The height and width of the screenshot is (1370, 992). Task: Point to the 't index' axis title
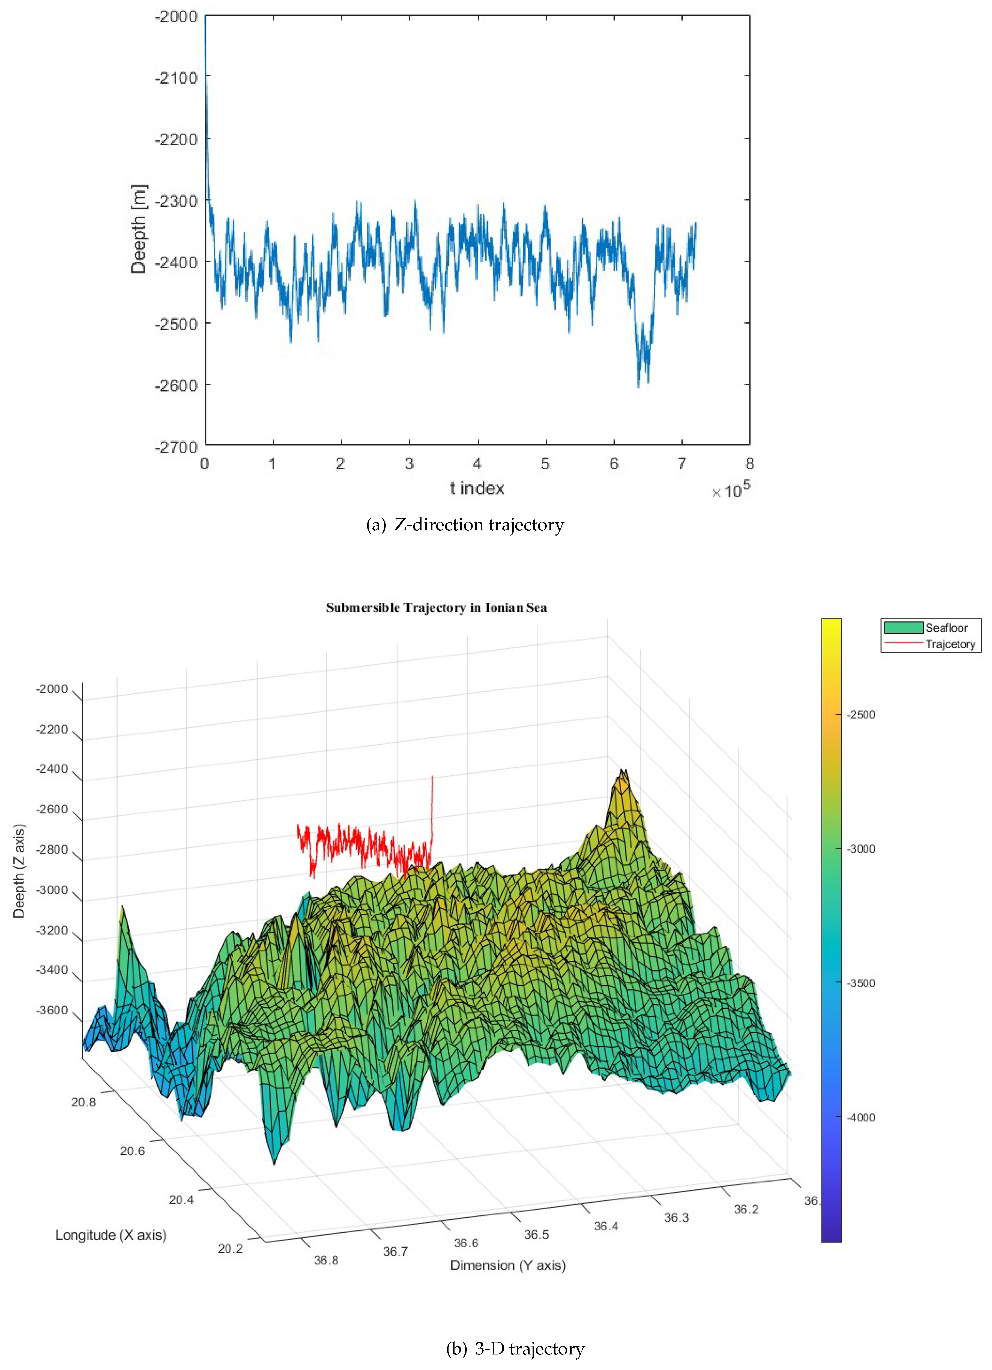(477, 488)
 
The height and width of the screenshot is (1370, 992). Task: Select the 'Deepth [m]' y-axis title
(138, 230)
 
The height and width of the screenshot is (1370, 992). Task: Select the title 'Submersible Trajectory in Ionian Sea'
(437, 608)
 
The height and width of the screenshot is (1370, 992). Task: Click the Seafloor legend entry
(931, 628)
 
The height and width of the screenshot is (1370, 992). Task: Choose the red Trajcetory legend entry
(931, 644)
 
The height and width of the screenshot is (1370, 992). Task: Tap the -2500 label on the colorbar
(861, 715)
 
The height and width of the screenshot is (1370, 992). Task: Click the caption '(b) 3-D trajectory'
(515, 1349)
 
